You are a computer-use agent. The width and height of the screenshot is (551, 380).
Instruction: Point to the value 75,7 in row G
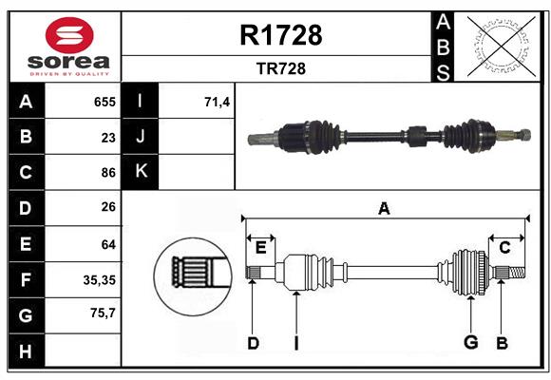(103, 313)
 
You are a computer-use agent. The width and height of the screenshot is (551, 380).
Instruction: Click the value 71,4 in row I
(218, 102)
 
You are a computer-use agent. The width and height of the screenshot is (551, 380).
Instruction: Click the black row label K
(142, 172)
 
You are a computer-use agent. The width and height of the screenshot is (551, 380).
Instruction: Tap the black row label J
(142, 137)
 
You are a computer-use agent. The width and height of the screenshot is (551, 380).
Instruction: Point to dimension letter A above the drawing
(384, 209)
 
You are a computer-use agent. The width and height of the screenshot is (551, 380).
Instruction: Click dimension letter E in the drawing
(260, 247)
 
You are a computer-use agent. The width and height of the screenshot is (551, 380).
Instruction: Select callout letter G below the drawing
(469, 343)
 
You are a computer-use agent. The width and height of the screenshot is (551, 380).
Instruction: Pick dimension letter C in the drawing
(505, 247)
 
